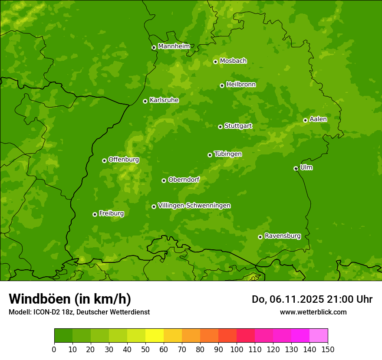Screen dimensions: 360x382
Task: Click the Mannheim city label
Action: [x=174, y=46]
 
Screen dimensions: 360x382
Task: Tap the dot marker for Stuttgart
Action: [x=220, y=127]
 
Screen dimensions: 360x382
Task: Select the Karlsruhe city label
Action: [x=164, y=100]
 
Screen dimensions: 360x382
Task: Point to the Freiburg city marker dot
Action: [x=95, y=214]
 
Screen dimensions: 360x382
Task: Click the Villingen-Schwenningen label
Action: [x=194, y=206]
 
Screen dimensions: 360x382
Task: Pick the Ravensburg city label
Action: [x=282, y=236]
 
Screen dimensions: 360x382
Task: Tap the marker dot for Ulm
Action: [x=296, y=168]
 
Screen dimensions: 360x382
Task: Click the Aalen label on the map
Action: [x=318, y=119]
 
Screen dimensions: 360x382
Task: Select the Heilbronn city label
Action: [x=241, y=85]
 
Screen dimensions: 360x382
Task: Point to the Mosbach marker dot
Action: [x=215, y=62]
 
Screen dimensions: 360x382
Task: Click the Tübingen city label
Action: [x=227, y=154]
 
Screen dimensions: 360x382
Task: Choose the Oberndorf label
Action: [x=184, y=180]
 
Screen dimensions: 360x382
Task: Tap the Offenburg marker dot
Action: [x=104, y=160]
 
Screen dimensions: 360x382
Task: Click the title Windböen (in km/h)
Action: [x=70, y=299]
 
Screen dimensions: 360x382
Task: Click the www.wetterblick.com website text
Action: [x=313, y=312]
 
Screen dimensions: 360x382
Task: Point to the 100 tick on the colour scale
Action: [x=237, y=349]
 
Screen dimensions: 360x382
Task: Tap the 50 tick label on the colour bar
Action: [x=145, y=349]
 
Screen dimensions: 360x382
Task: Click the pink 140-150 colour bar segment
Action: [x=319, y=336]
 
